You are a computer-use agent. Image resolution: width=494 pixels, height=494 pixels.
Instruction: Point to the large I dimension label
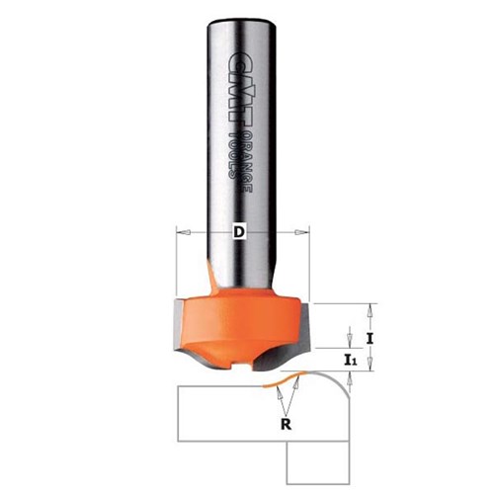(370, 337)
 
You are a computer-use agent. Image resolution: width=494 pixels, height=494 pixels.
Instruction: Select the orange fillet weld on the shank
(210, 268)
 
